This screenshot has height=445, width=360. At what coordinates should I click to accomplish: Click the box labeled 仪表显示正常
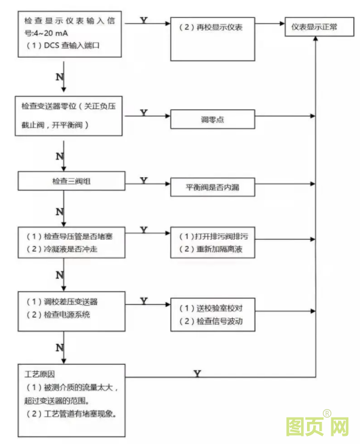[x=316, y=28]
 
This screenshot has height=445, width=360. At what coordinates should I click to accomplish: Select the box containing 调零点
[x=212, y=120]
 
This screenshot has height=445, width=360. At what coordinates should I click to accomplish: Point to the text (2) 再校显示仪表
[x=211, y=28]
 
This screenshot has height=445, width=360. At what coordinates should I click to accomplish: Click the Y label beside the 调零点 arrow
[x=144, y=113]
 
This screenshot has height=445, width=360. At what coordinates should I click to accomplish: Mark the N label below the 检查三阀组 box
[x=60, y=211]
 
